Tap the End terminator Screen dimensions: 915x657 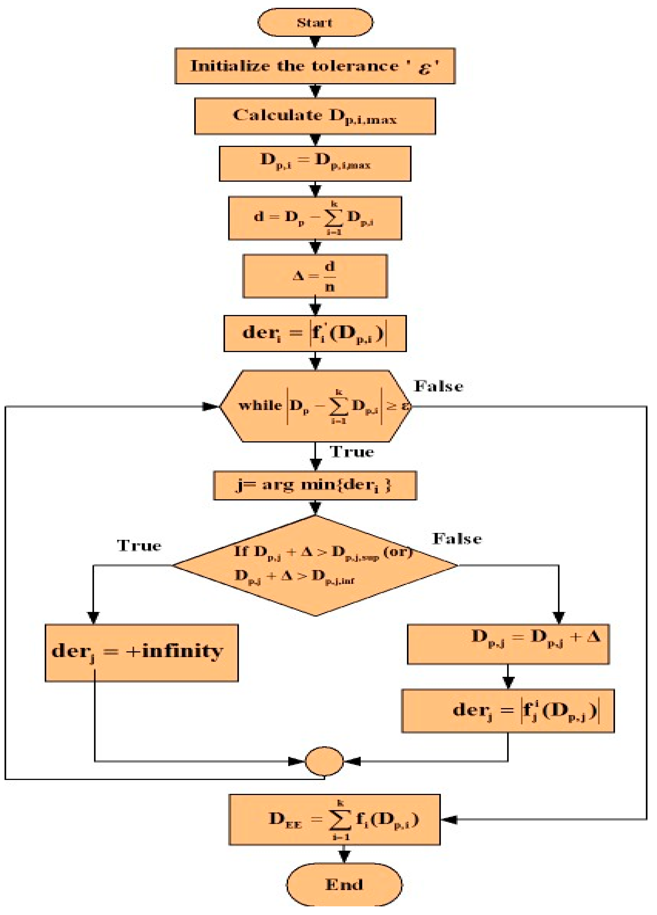344,884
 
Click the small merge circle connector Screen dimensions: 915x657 325,761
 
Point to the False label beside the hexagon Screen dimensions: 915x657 439,386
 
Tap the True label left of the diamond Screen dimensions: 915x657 139,545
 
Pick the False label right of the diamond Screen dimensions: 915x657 457,539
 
